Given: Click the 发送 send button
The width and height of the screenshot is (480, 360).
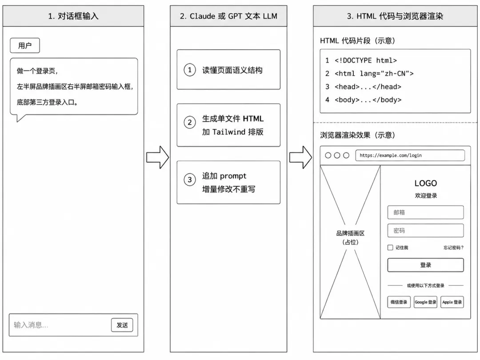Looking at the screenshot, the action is coord(122,325).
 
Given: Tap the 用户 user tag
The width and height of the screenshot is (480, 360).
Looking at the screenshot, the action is coord(25,46).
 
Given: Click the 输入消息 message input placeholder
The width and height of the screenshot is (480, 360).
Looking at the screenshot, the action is coord(31,325).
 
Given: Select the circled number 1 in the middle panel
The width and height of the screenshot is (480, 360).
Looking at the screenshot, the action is coord(190,70).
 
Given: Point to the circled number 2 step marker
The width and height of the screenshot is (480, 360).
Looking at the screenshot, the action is coord(190,123).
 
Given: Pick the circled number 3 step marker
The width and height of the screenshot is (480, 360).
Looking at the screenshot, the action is coord(190,180).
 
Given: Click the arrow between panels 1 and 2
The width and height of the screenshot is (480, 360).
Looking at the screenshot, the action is coord(158,157).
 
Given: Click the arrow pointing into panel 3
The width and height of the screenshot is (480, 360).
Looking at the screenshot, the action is coord(300,157).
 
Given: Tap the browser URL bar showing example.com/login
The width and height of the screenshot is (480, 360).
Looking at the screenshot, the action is coord(410,155).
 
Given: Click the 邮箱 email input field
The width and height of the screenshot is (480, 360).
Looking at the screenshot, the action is coord(425,212).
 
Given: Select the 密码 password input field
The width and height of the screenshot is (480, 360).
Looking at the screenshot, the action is coord(425,231).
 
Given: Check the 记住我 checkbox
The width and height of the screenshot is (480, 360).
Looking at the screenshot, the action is coord(390,248).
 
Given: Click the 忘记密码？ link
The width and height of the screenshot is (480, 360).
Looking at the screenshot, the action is coord(454,248).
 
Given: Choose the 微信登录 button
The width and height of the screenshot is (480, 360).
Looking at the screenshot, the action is coord(399,302).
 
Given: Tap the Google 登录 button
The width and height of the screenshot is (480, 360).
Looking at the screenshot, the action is coord(425,302).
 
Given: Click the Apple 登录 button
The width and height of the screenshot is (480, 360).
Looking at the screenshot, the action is coord(452,302).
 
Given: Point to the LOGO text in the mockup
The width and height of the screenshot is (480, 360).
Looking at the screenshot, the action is coord(425,183).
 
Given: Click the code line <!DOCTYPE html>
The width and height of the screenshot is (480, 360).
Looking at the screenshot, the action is coord(366,60).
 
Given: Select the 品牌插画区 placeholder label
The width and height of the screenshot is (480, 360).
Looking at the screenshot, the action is coord(350,233).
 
